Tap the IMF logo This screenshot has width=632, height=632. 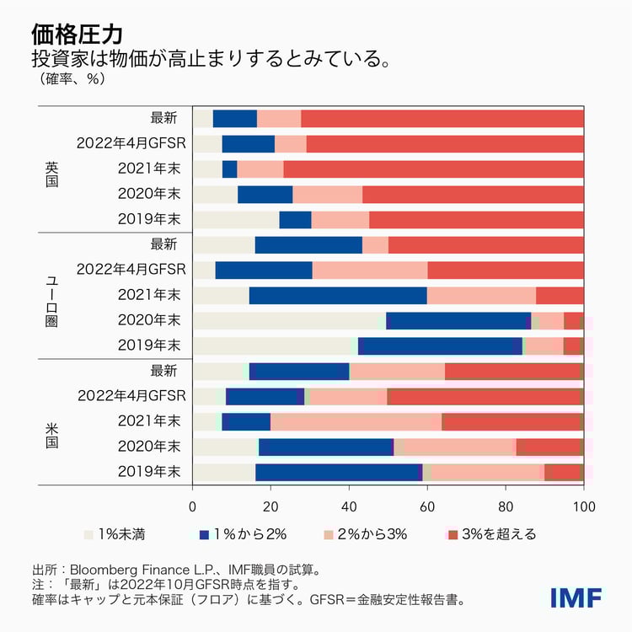[576, 597]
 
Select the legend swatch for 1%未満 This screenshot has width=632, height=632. [88, 534]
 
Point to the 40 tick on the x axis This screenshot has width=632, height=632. [349, 506]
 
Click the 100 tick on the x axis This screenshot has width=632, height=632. [583, 506]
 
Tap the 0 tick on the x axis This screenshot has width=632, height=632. [193, 506]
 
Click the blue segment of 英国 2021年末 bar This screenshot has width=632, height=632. [229, 169]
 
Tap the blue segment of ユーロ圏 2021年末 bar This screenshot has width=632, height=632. [337, 295]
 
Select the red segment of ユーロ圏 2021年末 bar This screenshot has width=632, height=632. [560, 295]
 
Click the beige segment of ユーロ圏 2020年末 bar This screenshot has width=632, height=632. [289, 320]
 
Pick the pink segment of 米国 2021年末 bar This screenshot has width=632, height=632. [356, 421]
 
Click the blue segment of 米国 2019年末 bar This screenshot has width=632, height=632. [337, 472]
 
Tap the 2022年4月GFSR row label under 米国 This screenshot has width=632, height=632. [131, 396]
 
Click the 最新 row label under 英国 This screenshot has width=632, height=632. [164, 118]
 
